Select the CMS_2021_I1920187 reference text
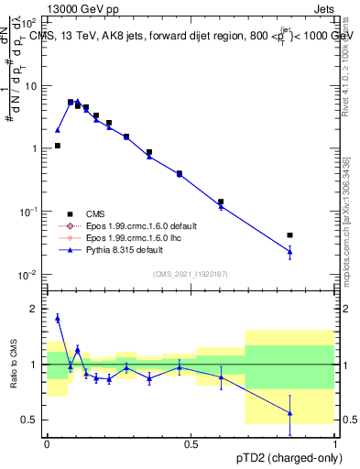click(191, 272)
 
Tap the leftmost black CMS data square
click(58, 146)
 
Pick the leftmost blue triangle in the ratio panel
click(58, 318)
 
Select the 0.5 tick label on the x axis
click(191, 443)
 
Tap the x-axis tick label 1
click(336, 443)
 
